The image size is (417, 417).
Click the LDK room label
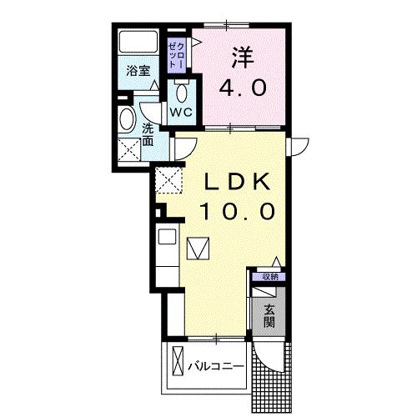237,181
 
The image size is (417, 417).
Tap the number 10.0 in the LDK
237,212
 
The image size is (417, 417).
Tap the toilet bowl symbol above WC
183,88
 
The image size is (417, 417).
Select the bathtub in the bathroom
137,43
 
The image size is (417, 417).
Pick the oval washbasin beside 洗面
127,119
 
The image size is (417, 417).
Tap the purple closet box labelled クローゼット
175,53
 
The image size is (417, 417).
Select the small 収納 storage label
269,277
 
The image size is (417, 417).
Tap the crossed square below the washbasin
129,150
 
